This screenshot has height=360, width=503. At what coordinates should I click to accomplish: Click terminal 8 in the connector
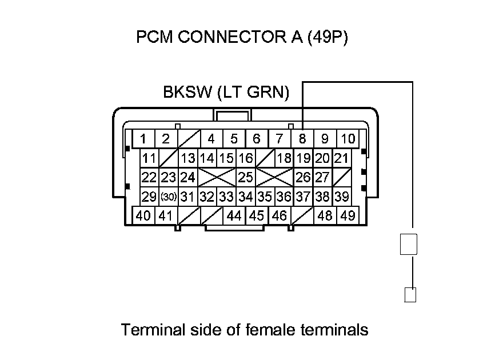coord(302,138)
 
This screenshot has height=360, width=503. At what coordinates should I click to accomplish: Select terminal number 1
coord(143,138)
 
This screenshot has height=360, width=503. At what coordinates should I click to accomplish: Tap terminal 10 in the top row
coord(348,138)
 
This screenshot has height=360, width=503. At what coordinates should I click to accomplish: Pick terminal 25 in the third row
coord(246,177)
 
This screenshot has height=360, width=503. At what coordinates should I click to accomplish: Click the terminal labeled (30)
coord(168,197)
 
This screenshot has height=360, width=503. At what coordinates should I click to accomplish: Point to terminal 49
coord(347,216)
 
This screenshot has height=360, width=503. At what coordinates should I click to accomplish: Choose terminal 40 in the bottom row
coord(144,216)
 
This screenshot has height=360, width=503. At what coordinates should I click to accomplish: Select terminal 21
coord(341,158)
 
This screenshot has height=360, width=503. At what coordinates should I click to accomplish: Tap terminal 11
coord(150,158)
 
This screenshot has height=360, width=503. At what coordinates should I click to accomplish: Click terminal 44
coord(234,216)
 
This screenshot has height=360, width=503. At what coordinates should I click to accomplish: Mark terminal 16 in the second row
coord(246,158)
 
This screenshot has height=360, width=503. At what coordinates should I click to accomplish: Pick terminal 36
coord(284,197)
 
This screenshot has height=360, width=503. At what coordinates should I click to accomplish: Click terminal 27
coord(322,177)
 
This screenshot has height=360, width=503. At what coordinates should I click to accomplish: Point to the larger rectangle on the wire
coord(409,244)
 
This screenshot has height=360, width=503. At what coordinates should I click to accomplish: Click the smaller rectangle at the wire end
coord(410,294)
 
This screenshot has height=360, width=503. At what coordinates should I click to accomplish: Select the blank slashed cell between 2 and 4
coord(188,138)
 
